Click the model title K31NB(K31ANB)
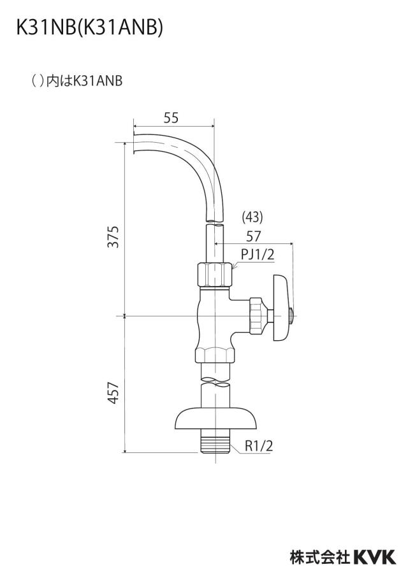point(89,27)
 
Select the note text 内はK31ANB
point(85,81)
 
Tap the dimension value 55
point(171,117)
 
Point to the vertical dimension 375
point(114,237)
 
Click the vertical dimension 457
point(114,392)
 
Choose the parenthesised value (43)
point(252,217)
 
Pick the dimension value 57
point(253,236)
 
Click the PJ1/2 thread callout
point(258,254)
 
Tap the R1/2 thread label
point(259,446)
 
